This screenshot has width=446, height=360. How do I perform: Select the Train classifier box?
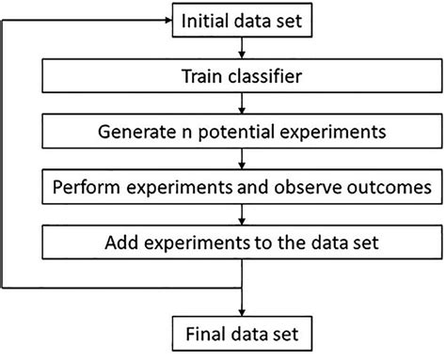tap(243, 75)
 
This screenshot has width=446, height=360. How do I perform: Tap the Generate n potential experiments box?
tap(243, 132)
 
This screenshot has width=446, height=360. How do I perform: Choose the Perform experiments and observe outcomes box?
tap(243, 188)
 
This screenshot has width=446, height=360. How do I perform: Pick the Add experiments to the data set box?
tap(243, 244)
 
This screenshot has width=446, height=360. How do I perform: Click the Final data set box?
tap(243, 334)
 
